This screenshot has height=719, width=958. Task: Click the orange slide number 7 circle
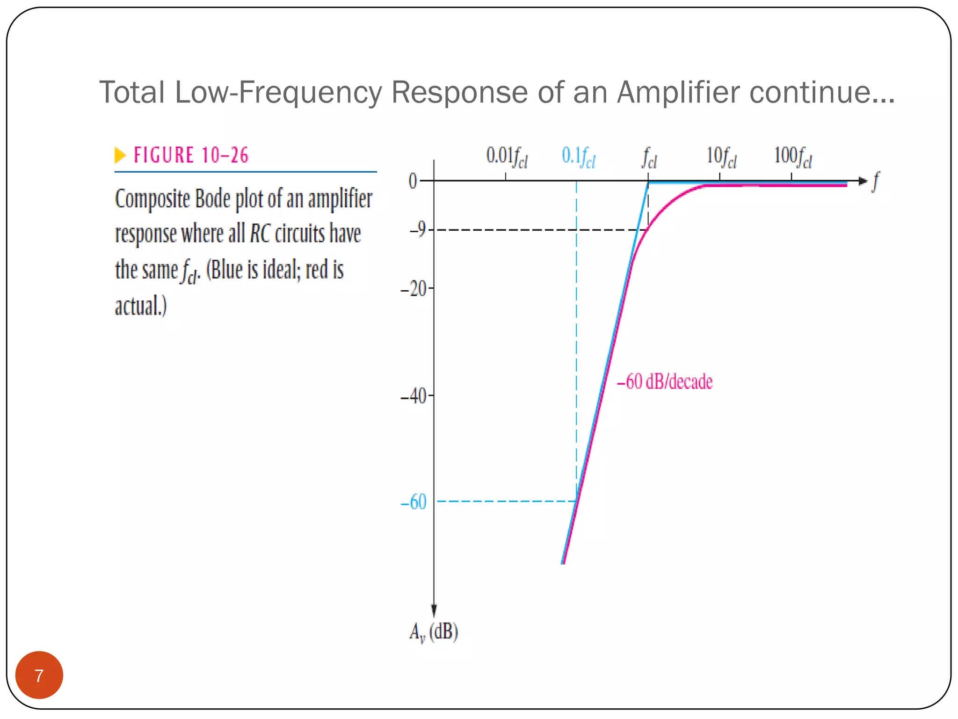[x=39, y=675]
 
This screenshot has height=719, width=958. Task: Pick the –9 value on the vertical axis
[x=418, y=229]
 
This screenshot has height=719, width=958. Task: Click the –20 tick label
[x=414, y=289]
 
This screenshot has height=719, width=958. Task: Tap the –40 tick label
[x=414, y=396]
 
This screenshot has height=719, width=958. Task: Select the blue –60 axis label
[x=414, y=502]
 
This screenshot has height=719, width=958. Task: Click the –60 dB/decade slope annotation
[x=665, y=382]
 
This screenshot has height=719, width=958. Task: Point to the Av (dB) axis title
[x=434, y=632]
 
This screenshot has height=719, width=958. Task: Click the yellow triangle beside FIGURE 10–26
[x=120, y=155]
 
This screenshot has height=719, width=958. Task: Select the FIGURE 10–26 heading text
[x=191, y=155]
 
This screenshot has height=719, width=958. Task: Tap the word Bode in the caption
[x=213, y=198]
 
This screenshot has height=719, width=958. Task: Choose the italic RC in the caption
[x=260, y=234]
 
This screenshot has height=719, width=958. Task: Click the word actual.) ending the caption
[x=141, y=306]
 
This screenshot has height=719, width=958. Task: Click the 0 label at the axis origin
[x=413, y=181]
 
